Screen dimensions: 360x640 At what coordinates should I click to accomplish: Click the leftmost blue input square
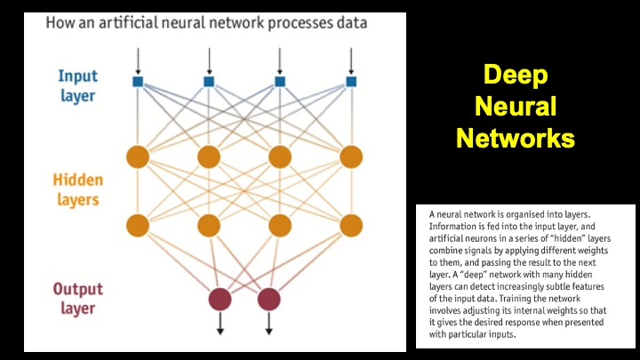pos(138,82)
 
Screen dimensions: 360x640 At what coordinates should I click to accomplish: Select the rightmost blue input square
pos(351,82)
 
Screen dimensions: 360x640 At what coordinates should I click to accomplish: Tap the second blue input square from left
pos(209,82)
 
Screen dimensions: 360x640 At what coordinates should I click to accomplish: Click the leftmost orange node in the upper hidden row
pos(138,156)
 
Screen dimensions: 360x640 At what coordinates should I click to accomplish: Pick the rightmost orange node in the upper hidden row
pos(351,156)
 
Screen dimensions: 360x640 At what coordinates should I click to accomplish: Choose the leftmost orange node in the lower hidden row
pos(138,224)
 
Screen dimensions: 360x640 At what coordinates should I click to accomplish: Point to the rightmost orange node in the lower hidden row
pos(351,224)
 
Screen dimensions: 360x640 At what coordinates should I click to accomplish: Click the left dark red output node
pos(219,298)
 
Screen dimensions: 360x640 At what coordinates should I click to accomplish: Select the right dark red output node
pos(268,298)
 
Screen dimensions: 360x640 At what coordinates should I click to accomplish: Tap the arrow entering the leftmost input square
pos(138,60)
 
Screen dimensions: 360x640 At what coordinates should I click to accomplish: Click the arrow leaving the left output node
pos(219,326)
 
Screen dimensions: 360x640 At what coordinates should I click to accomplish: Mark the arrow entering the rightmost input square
pos(351,60)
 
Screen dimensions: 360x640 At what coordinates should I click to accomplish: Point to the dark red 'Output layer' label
pos(77,298)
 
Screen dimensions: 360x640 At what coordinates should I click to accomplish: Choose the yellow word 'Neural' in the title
pos(515,108)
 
